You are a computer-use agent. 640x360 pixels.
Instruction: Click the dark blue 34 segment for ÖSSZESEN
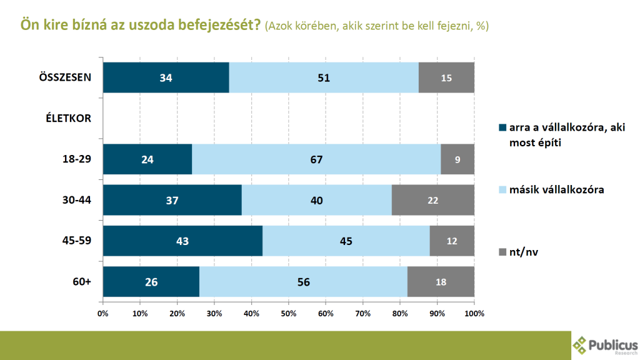(x=166, y=78)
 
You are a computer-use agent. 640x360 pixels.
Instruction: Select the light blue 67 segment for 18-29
(x=316, y=159)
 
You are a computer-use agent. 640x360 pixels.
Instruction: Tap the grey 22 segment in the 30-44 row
(x=433, y=200)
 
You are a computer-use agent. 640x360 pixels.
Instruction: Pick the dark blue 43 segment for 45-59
(x=182, y=241)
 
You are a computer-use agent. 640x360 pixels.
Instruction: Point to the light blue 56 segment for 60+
(x=303, y=281)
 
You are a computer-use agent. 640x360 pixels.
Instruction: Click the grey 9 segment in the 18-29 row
(x=457, y=159)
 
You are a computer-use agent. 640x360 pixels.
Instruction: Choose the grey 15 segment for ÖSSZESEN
(x=446, y=78)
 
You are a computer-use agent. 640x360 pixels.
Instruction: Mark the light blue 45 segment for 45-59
(x=346, y=241)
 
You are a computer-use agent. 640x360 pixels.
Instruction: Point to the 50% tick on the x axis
(x=289, y=312)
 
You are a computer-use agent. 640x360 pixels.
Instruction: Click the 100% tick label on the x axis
(x=474, y=312)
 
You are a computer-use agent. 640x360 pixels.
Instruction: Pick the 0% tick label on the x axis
(x=103, y=312)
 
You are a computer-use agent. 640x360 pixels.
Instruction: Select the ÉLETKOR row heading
(x=69, y=119)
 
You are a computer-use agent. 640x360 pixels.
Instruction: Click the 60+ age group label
(x=81, y=281)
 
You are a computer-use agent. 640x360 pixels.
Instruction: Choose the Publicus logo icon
(x=581, y=343)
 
